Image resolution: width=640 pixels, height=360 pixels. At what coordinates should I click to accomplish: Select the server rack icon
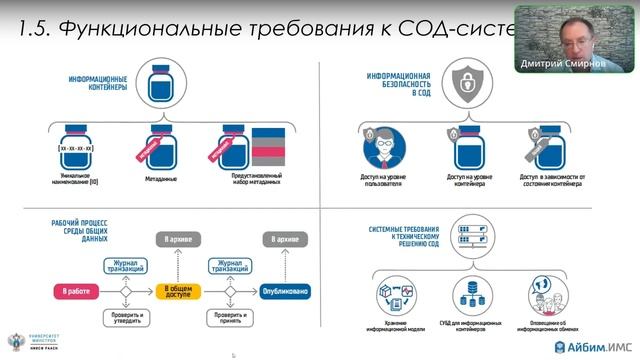click(469, 229)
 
